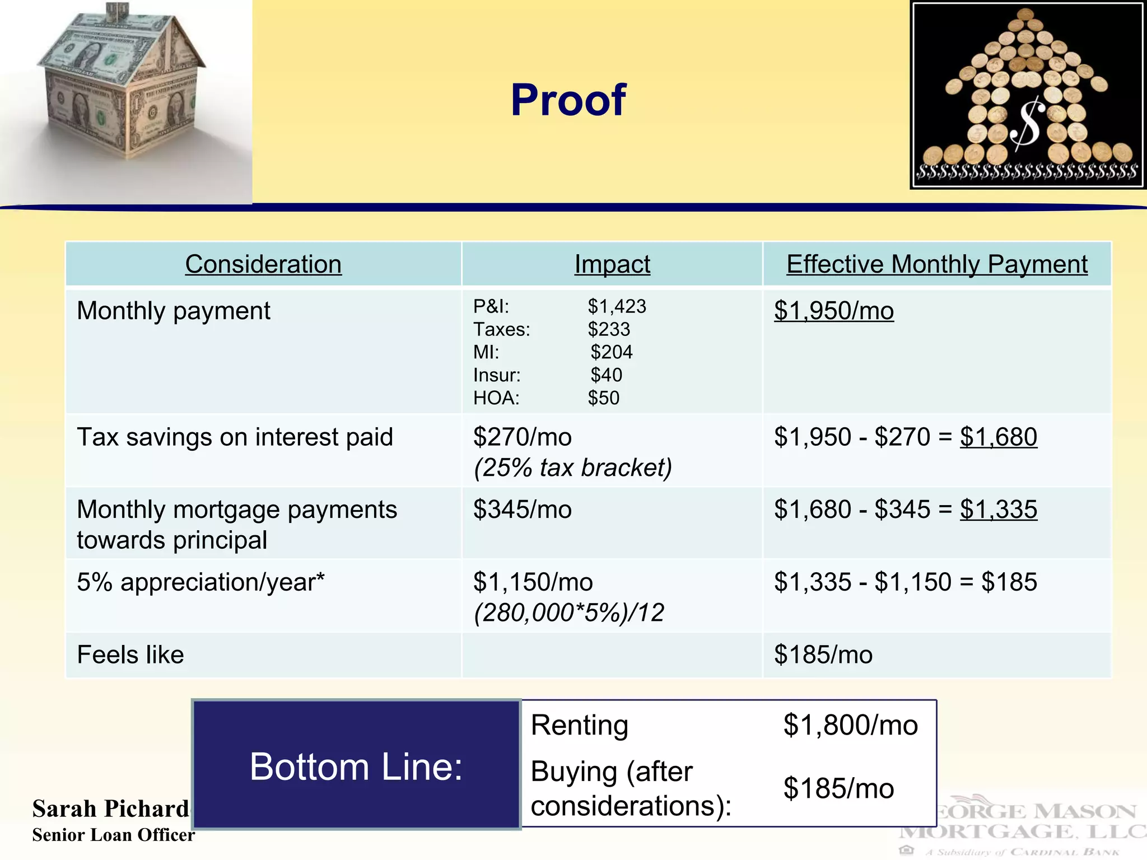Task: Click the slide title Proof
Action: pyautogui.click(x=568, y=100)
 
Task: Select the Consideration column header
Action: pyautogui.click(x=263, y=264)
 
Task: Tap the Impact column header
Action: pyautogui.click(x=612, y=264)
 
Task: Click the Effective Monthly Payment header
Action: pyautogui.click(x=937, y=264)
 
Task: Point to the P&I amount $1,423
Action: pyautogui.click(x=617, y=306)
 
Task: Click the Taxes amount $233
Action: pyautogui.click(x=609, y=329)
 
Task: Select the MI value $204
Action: pyautogui.click(x=612, y=352)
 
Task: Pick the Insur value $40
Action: pyautogui.click(x=607, y=375)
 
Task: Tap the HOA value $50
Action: pyautogui.click(x=604, y=398)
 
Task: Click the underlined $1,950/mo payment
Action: pyautogui.click(x=834, y=311)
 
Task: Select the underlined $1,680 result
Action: pyautogui.click(x=999, y=437)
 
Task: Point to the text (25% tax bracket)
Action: pyautogui.click(x=572, y=468)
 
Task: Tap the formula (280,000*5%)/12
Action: pyautogui.click(x=569, y=613)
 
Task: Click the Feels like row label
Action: pyautogui.click(x=130, y=655)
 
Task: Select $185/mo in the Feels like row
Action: pyautogui.click(x=823, y=655)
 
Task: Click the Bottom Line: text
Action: pyautogui.click(x=356, y=766)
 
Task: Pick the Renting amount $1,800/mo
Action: pyautogui.click(x=850, y=726)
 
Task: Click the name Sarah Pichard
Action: pyautogui.click(x=111, y=809)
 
